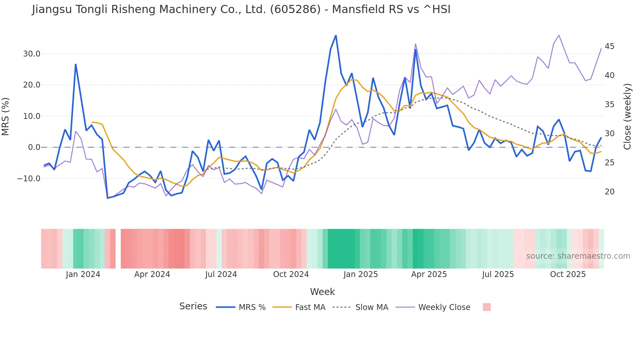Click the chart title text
241,9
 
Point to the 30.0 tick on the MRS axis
32,54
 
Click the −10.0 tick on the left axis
29,179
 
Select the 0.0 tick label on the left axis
34,147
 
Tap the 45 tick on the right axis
609,46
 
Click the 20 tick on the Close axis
609,192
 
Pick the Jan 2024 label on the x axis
83,274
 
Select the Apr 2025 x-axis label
429,274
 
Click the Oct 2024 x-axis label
291,274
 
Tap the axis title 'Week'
322,292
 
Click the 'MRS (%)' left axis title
6,116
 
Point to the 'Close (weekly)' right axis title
627,117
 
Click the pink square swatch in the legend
487,307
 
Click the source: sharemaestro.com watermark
578,256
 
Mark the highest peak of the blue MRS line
336,36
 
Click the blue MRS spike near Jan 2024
75,64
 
